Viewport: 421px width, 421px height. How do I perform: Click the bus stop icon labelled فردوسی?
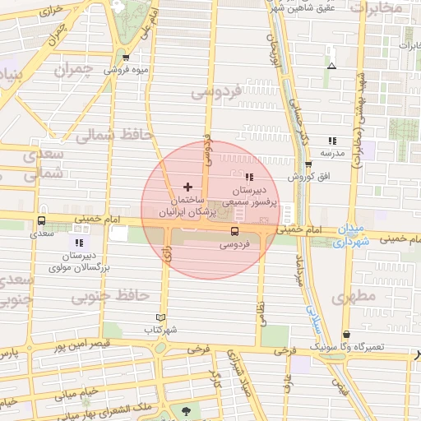[235, 231]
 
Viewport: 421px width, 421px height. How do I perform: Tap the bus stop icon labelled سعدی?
[41, 220]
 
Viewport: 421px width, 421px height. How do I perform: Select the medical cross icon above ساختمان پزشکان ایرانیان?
[188, 187]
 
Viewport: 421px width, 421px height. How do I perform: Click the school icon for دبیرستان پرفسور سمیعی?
[249, 176]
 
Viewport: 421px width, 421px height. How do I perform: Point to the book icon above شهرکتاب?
[160, 317]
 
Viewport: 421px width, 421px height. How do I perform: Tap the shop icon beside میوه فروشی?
[126, 58]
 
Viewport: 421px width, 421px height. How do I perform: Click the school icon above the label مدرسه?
[332, 141]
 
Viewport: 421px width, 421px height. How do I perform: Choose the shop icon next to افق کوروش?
[308, 164]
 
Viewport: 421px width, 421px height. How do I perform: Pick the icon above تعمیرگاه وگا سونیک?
[347, 335]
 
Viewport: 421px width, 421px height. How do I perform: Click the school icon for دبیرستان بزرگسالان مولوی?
[79, 243]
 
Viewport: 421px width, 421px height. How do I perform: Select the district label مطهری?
[354, 294]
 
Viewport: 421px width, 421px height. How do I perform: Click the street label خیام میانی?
[77, 392]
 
